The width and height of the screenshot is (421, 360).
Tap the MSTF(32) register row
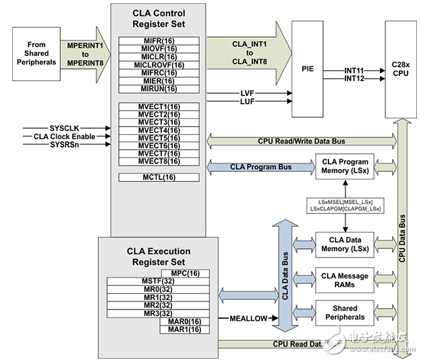pos(159,280)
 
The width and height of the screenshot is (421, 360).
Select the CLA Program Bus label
pos(251,167)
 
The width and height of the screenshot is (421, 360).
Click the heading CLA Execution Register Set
pos(159,256)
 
